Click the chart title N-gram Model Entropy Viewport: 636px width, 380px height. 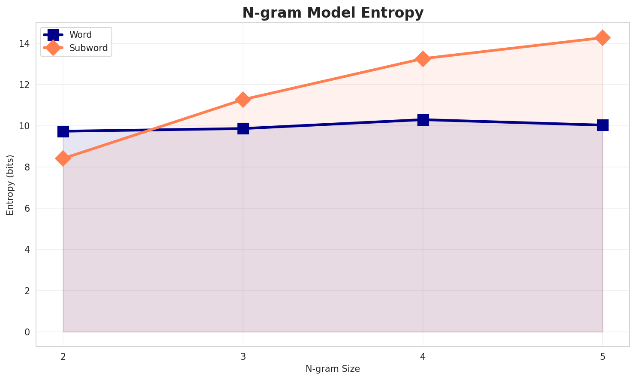(333, 13)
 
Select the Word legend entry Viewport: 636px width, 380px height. (81, 35)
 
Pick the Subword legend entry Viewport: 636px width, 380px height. (88, 48)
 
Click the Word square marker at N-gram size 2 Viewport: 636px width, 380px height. (63, 131)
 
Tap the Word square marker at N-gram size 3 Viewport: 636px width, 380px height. (243, 128)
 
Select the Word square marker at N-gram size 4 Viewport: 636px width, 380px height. (423, 120)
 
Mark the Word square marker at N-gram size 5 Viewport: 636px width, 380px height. (603, 125)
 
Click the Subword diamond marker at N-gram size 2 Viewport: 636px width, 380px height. (63, 158)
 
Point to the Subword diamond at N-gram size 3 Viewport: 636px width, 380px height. (243, 100)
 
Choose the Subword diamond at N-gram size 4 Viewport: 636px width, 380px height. (423, 59)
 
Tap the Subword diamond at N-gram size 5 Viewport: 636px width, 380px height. (603, 38)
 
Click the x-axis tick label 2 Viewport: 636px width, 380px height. (63, 356)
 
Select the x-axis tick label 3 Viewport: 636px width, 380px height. (243, 356)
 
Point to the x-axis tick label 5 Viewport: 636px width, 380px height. (603, 356)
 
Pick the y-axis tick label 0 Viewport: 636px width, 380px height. (27, 332)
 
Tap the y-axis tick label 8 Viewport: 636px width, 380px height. (27, 167)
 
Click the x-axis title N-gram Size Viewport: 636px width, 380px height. (333, 369)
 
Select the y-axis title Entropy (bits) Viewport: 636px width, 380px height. (10, 185)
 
